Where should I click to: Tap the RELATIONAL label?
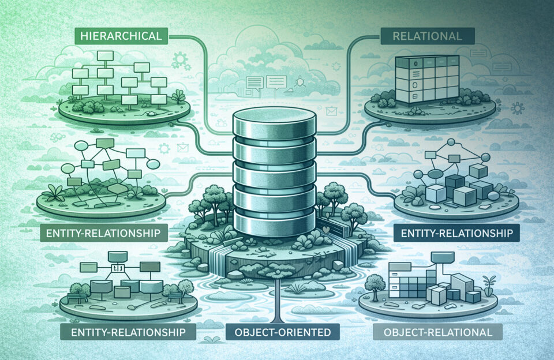(x=426, y=36)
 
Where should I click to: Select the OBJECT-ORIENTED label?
(x=278, y=332)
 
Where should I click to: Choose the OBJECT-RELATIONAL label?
(x=437, y=332)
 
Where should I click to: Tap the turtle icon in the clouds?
(x=300, y=82)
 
